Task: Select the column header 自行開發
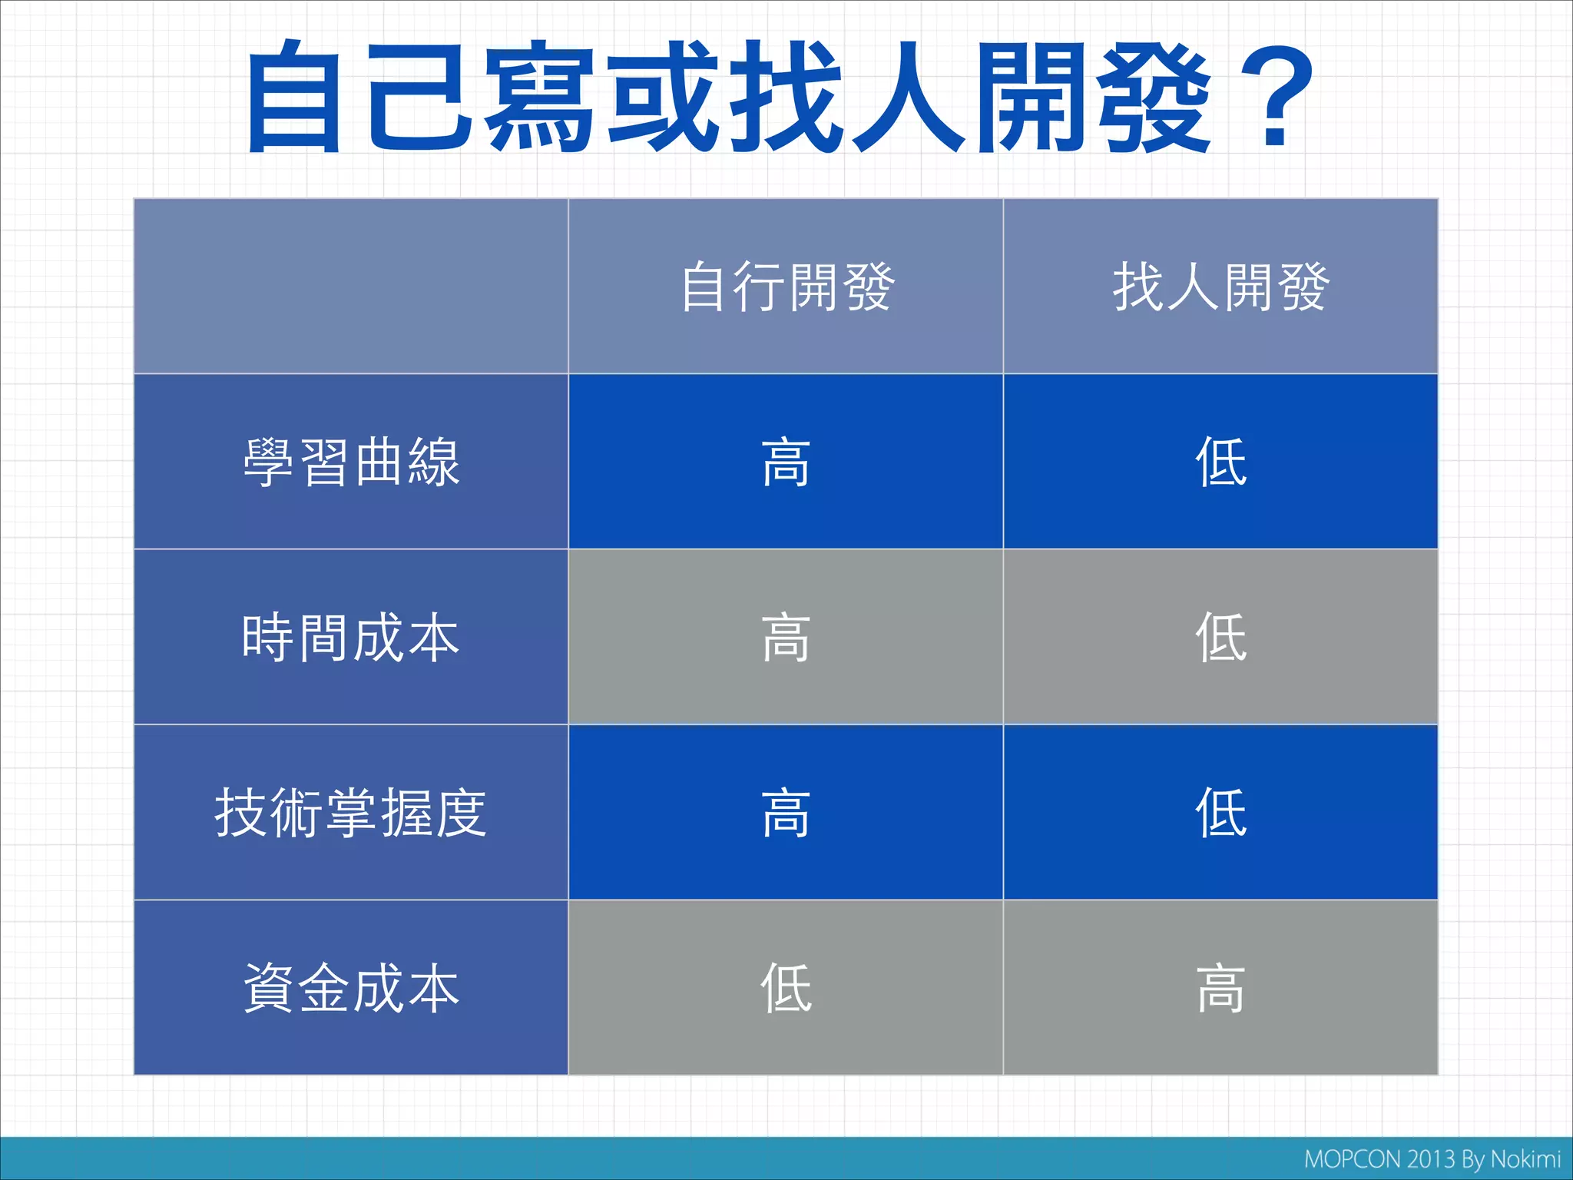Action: tap(786, 287)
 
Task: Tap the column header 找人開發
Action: tap(1220, 287)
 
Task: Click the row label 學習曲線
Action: tap(351, 462)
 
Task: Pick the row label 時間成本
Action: tap(351, 638)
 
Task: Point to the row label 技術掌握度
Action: tap(351, 813)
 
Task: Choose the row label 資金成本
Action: tap(351, 989)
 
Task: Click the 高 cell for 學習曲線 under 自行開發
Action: tap(786, 462)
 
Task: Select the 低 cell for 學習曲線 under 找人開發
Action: tap(1220, 462)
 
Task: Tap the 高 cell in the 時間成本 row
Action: tap(786, 638)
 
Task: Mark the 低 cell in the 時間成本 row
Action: tap(1220, 638)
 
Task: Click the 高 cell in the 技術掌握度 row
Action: tap(786, 813)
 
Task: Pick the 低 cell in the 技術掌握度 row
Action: tap(1220, 813)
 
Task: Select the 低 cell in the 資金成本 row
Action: tap(786, 989)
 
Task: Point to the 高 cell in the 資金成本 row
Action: tap(1220, 989)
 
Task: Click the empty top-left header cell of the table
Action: tap(351, 286)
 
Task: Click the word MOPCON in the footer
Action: tap(1353, 1159)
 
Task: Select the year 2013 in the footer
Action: tap(1432, 1159)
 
